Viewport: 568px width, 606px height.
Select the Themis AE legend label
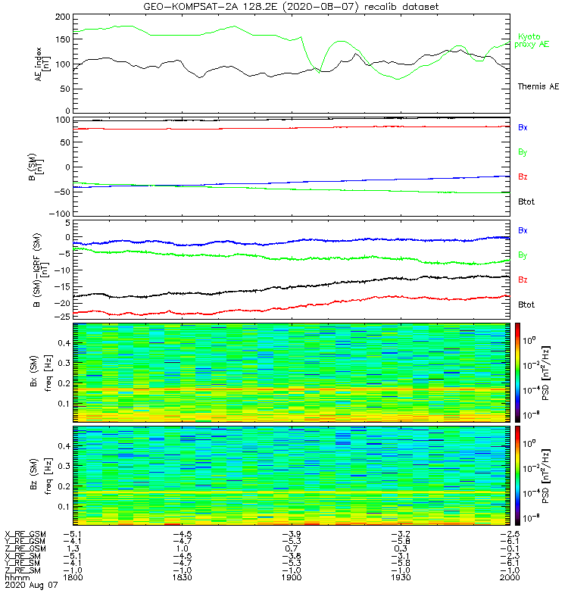538,86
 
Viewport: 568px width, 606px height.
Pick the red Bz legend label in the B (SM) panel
523,176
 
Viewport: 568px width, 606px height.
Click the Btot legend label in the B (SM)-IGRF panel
526,304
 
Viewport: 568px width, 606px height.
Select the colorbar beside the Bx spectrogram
518,372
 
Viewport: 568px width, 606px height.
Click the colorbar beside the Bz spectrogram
518,474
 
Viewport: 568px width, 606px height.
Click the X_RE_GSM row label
25,535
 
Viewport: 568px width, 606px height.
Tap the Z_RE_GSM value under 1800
73,548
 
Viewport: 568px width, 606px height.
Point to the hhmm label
14,577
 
